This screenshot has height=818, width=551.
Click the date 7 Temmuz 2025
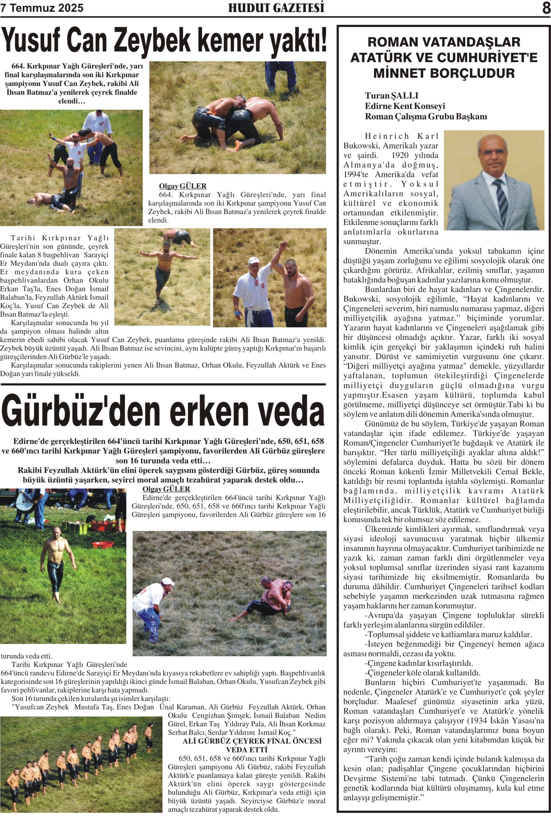[x=42, y=8]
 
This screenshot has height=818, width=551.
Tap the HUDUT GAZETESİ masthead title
[x=276, y=8]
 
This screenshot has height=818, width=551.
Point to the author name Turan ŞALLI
[x=391, y=96]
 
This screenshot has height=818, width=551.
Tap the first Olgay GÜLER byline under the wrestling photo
[x=183, y=186]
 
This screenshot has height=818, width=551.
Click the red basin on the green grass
[x=103, y=544]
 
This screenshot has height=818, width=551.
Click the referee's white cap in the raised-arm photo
[x=253, y=260]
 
